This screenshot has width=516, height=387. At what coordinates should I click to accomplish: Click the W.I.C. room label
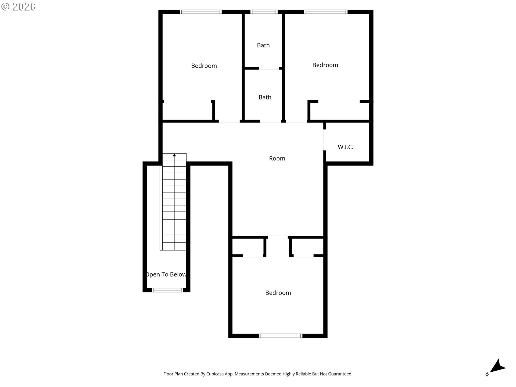[x=345, y=147]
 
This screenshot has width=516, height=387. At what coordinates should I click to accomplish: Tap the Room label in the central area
[x=277, y=159]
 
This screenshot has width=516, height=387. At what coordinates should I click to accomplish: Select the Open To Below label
[x=166, y=274]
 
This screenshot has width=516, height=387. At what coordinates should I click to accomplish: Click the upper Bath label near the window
[x=263, y=45]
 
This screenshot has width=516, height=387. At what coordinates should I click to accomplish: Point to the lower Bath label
[x=265, y=97]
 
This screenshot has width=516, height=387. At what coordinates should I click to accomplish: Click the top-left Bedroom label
[x=204, y=66]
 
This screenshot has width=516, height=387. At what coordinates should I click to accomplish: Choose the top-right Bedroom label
[x=325, y=65]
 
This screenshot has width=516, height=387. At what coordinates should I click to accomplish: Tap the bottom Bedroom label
[x=278, y=293]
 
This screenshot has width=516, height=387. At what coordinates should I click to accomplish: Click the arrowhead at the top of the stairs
[x=174, y=155]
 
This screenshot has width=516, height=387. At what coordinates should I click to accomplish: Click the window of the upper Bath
[x=264, y=12]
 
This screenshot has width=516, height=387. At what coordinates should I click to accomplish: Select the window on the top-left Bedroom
[x=201, y=12]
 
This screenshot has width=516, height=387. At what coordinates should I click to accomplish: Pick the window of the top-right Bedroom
[x=326, y=12]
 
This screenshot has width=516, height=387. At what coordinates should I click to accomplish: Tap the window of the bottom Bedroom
[x=281, y=336]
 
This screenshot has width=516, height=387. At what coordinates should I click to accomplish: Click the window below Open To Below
[x=167, y=290]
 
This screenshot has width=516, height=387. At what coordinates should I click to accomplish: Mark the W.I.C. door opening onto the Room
[x=325, y=140]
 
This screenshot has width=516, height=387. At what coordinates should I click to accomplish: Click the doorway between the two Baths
[x=269, y=68]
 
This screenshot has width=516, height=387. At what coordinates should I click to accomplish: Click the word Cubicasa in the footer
[x=215, y=374]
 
